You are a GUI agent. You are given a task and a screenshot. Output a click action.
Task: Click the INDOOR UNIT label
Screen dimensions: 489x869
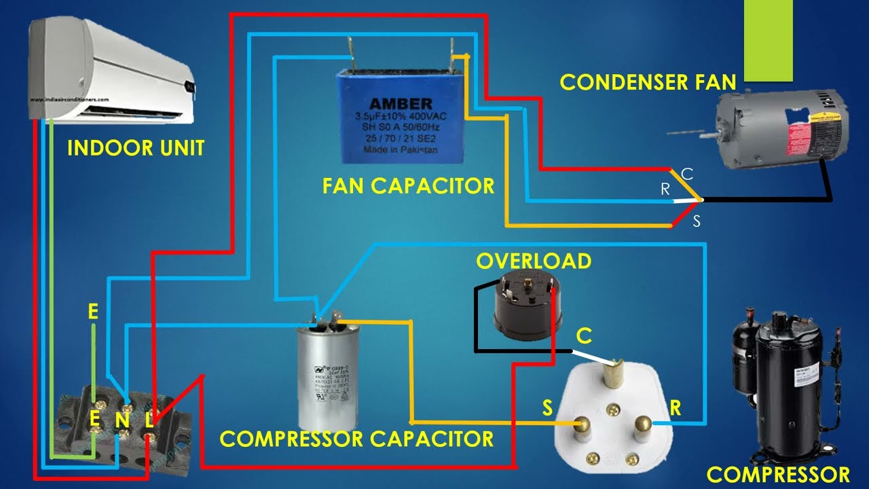136,148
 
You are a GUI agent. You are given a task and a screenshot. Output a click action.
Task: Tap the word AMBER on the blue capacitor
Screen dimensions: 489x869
401,104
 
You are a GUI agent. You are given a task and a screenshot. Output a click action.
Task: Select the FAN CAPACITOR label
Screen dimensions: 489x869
409,185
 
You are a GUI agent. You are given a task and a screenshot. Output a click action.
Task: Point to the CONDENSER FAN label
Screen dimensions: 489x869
648,82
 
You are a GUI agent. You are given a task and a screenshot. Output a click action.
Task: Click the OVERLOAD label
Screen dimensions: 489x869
533,261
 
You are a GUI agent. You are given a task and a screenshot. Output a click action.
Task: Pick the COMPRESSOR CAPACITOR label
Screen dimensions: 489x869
356,439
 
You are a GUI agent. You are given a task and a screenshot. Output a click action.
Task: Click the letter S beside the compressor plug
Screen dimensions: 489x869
547,407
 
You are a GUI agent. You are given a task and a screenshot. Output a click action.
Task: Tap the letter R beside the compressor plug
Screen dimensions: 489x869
676,407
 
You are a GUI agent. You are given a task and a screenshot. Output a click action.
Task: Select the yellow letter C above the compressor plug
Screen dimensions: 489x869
584,336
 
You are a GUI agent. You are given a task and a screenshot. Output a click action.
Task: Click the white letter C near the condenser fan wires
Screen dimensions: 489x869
687,174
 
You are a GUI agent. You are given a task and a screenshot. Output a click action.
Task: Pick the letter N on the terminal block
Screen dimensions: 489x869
122,420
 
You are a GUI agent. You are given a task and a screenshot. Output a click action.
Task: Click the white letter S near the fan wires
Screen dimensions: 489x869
696,221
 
